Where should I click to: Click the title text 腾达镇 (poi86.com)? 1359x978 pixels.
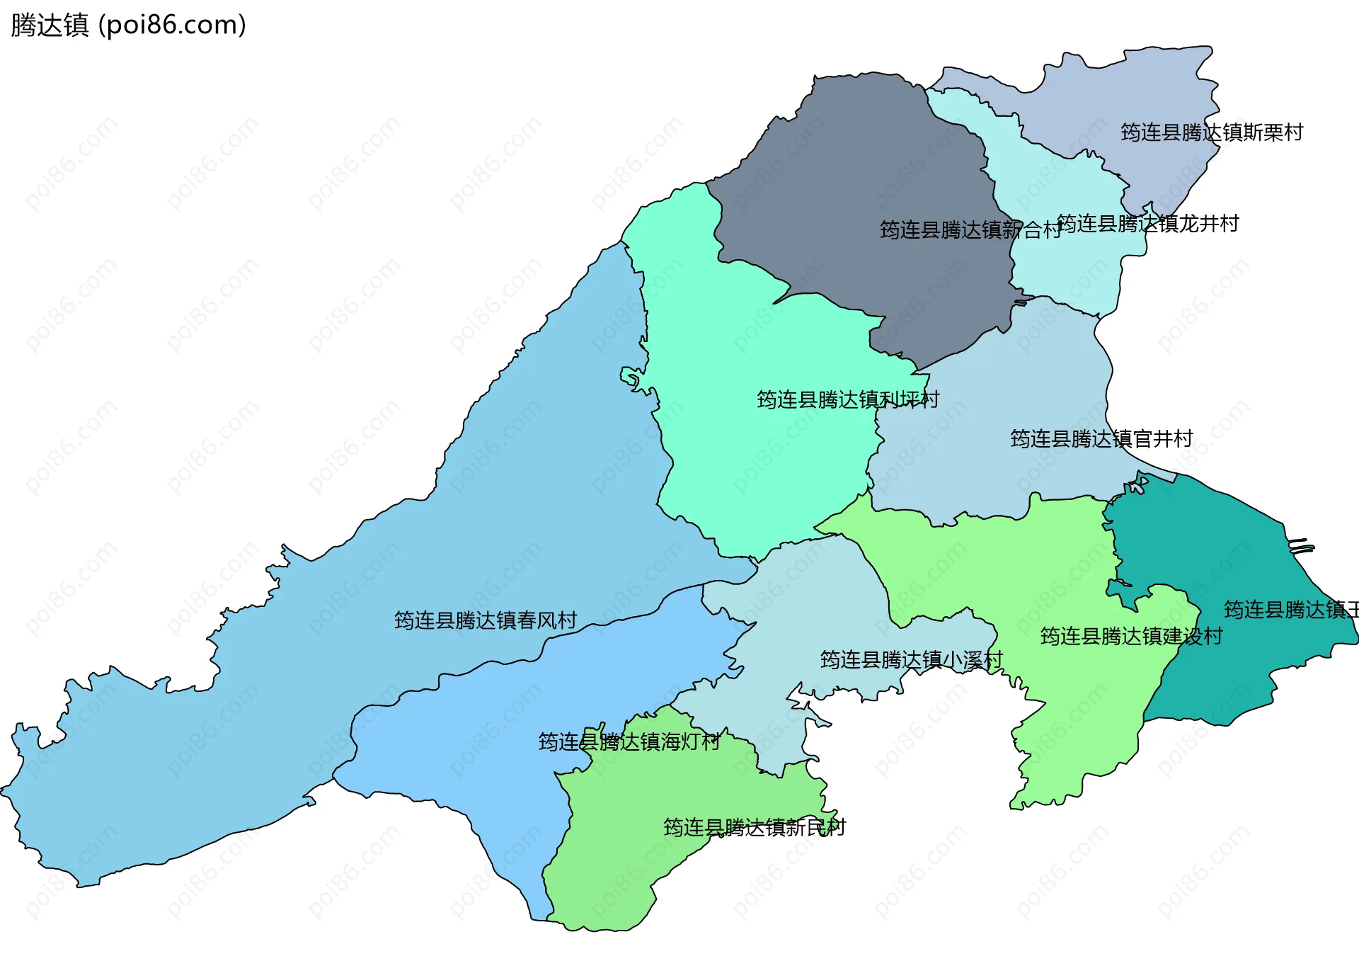128,25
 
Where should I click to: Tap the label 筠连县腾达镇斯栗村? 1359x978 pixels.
1211,132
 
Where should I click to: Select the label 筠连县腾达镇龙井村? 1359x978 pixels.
1147,224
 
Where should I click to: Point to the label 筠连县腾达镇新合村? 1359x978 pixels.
970,229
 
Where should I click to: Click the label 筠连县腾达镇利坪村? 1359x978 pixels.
848,399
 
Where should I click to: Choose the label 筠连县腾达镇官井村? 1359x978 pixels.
1101,439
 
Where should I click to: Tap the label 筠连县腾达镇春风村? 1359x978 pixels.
486,620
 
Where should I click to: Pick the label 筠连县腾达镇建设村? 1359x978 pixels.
1131,636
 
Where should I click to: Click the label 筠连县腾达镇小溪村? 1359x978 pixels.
912,660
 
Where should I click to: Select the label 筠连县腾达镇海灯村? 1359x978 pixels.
629,741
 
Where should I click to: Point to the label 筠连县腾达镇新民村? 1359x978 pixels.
755,827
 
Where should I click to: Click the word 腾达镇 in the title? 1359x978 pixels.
50,25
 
